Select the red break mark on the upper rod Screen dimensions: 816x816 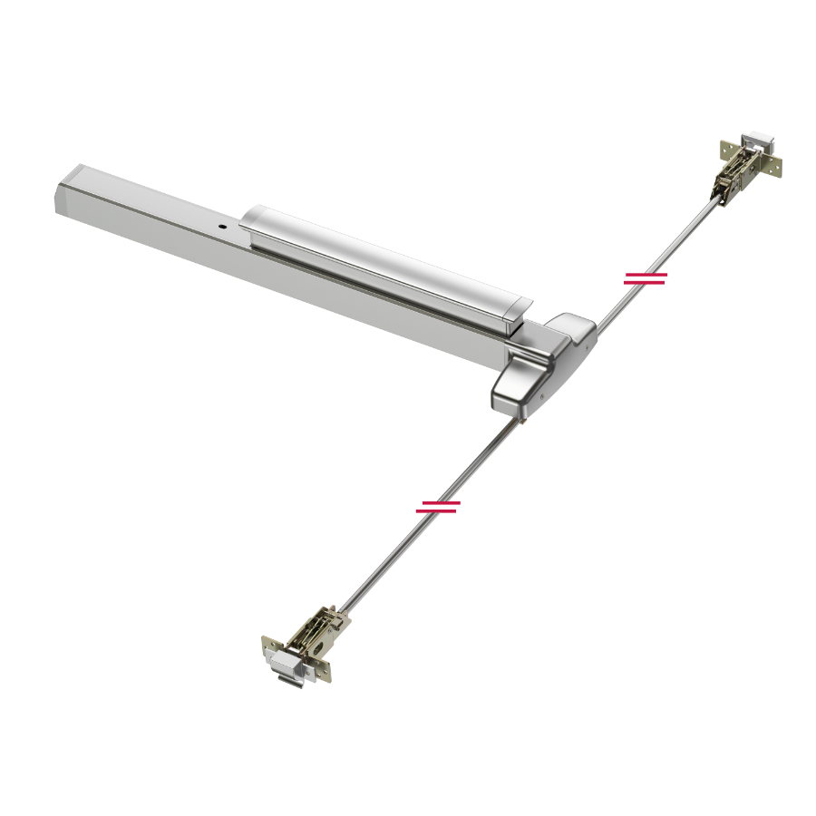pyautogui.click(x=646, y=278)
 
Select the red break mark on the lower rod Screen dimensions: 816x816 pyautogui.click(x=438, y=507)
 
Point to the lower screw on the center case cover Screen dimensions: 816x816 pyautogui.click(x=542, y=396)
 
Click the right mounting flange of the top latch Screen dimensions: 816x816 pyautogui.click(x=773, y=167)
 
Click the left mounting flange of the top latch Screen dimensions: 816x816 pyautogui.click(x=725, y=150)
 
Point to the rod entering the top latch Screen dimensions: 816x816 pyautogui.click(x=713, y=204)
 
